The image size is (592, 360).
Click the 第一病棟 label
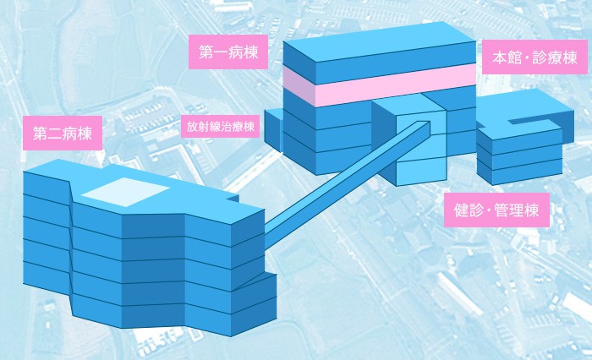click(x=228, y=52)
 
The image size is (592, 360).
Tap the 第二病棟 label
click(x=63, y=134)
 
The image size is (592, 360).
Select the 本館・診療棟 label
click(x=534, y=57)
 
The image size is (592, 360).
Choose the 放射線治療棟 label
click(x=220, y=127)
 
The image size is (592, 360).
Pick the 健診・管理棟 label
click(x=496, y=210)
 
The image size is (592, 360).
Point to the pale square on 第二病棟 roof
click(x=125, y=192)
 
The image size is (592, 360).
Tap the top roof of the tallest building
click(x=380, y=41)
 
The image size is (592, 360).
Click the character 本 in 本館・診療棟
click(x=499, y=57)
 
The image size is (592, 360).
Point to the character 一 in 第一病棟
click(x=221, y=52)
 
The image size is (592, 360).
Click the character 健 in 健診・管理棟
click(x=461, y=210)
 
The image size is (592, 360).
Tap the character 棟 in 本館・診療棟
click(x=570, y=57)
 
